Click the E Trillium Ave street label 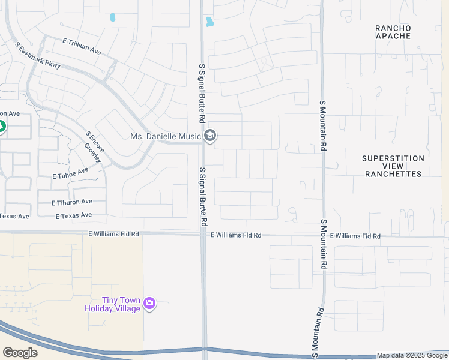(82, 46)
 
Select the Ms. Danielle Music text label (165, 137)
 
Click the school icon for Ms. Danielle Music (209, 137)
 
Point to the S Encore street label (96, 142)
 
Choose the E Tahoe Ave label (70, 173)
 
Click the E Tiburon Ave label (71, 202)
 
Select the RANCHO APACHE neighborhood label (393, 32)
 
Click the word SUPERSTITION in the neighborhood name (393, 158)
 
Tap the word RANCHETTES (393, 174)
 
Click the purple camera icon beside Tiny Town (149, 304)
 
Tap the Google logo (20, 353)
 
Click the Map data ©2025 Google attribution (412, 355)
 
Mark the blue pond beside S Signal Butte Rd (209, 22)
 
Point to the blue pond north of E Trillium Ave (112, 17)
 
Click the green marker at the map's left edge (1, 127)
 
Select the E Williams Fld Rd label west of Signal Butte (113, 234)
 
